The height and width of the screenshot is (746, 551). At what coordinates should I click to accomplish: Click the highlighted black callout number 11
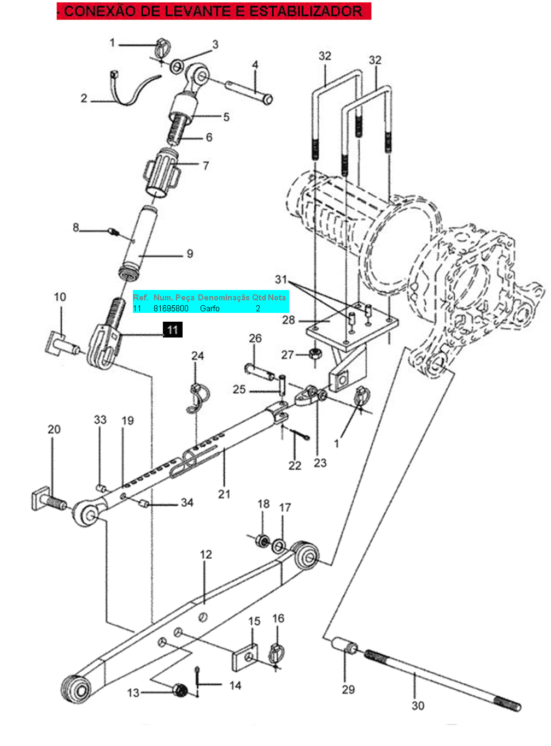(x=172, y=329)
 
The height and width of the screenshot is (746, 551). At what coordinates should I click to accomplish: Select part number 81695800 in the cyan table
(x=171, y=308)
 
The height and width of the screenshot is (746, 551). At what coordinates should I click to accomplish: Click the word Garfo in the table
(x=209, y=308)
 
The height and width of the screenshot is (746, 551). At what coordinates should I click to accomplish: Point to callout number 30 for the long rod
(x=418, y=706)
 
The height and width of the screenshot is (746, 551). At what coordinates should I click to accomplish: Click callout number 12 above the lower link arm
(x=206, y=554)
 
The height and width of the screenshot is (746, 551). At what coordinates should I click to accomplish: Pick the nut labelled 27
(x=315, y=353)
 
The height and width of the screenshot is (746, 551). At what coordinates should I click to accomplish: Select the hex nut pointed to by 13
(x=180, y=690)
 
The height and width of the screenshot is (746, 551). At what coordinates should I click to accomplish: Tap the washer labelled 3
(x=177, y=67)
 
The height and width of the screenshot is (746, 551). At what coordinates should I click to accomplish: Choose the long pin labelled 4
(x=249, y=91)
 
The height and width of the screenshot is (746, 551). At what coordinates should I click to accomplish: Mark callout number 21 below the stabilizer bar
(x=224, y=494)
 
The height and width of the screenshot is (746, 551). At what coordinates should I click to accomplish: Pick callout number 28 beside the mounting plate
(x=288, y=320)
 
